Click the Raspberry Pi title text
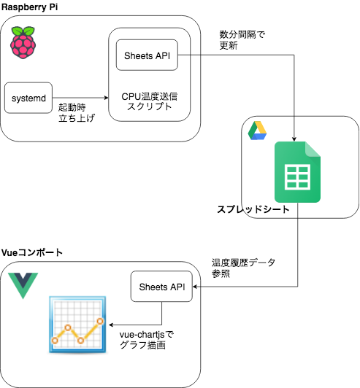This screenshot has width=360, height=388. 29,7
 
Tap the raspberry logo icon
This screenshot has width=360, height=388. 23,42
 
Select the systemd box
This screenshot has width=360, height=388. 28,98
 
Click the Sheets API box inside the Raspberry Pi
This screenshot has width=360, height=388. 147,55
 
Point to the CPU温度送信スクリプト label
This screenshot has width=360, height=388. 150,101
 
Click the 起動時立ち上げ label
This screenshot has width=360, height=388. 77,112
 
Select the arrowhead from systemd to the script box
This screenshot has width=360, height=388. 107,98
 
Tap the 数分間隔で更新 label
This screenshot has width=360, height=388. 242,40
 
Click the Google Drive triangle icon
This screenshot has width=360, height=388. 257,131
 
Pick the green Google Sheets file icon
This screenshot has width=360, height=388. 297,172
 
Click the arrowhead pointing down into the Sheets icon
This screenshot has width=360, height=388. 294,139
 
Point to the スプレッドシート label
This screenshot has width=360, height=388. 253,209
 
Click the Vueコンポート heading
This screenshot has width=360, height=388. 31,252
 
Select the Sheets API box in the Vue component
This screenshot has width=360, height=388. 161,287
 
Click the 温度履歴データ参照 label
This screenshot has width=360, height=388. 243,268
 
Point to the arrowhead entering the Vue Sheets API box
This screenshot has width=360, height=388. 195,287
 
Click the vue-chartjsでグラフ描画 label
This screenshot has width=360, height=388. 147,340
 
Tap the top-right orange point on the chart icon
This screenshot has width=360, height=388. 100,321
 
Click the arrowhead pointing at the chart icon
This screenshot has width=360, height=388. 111,325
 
